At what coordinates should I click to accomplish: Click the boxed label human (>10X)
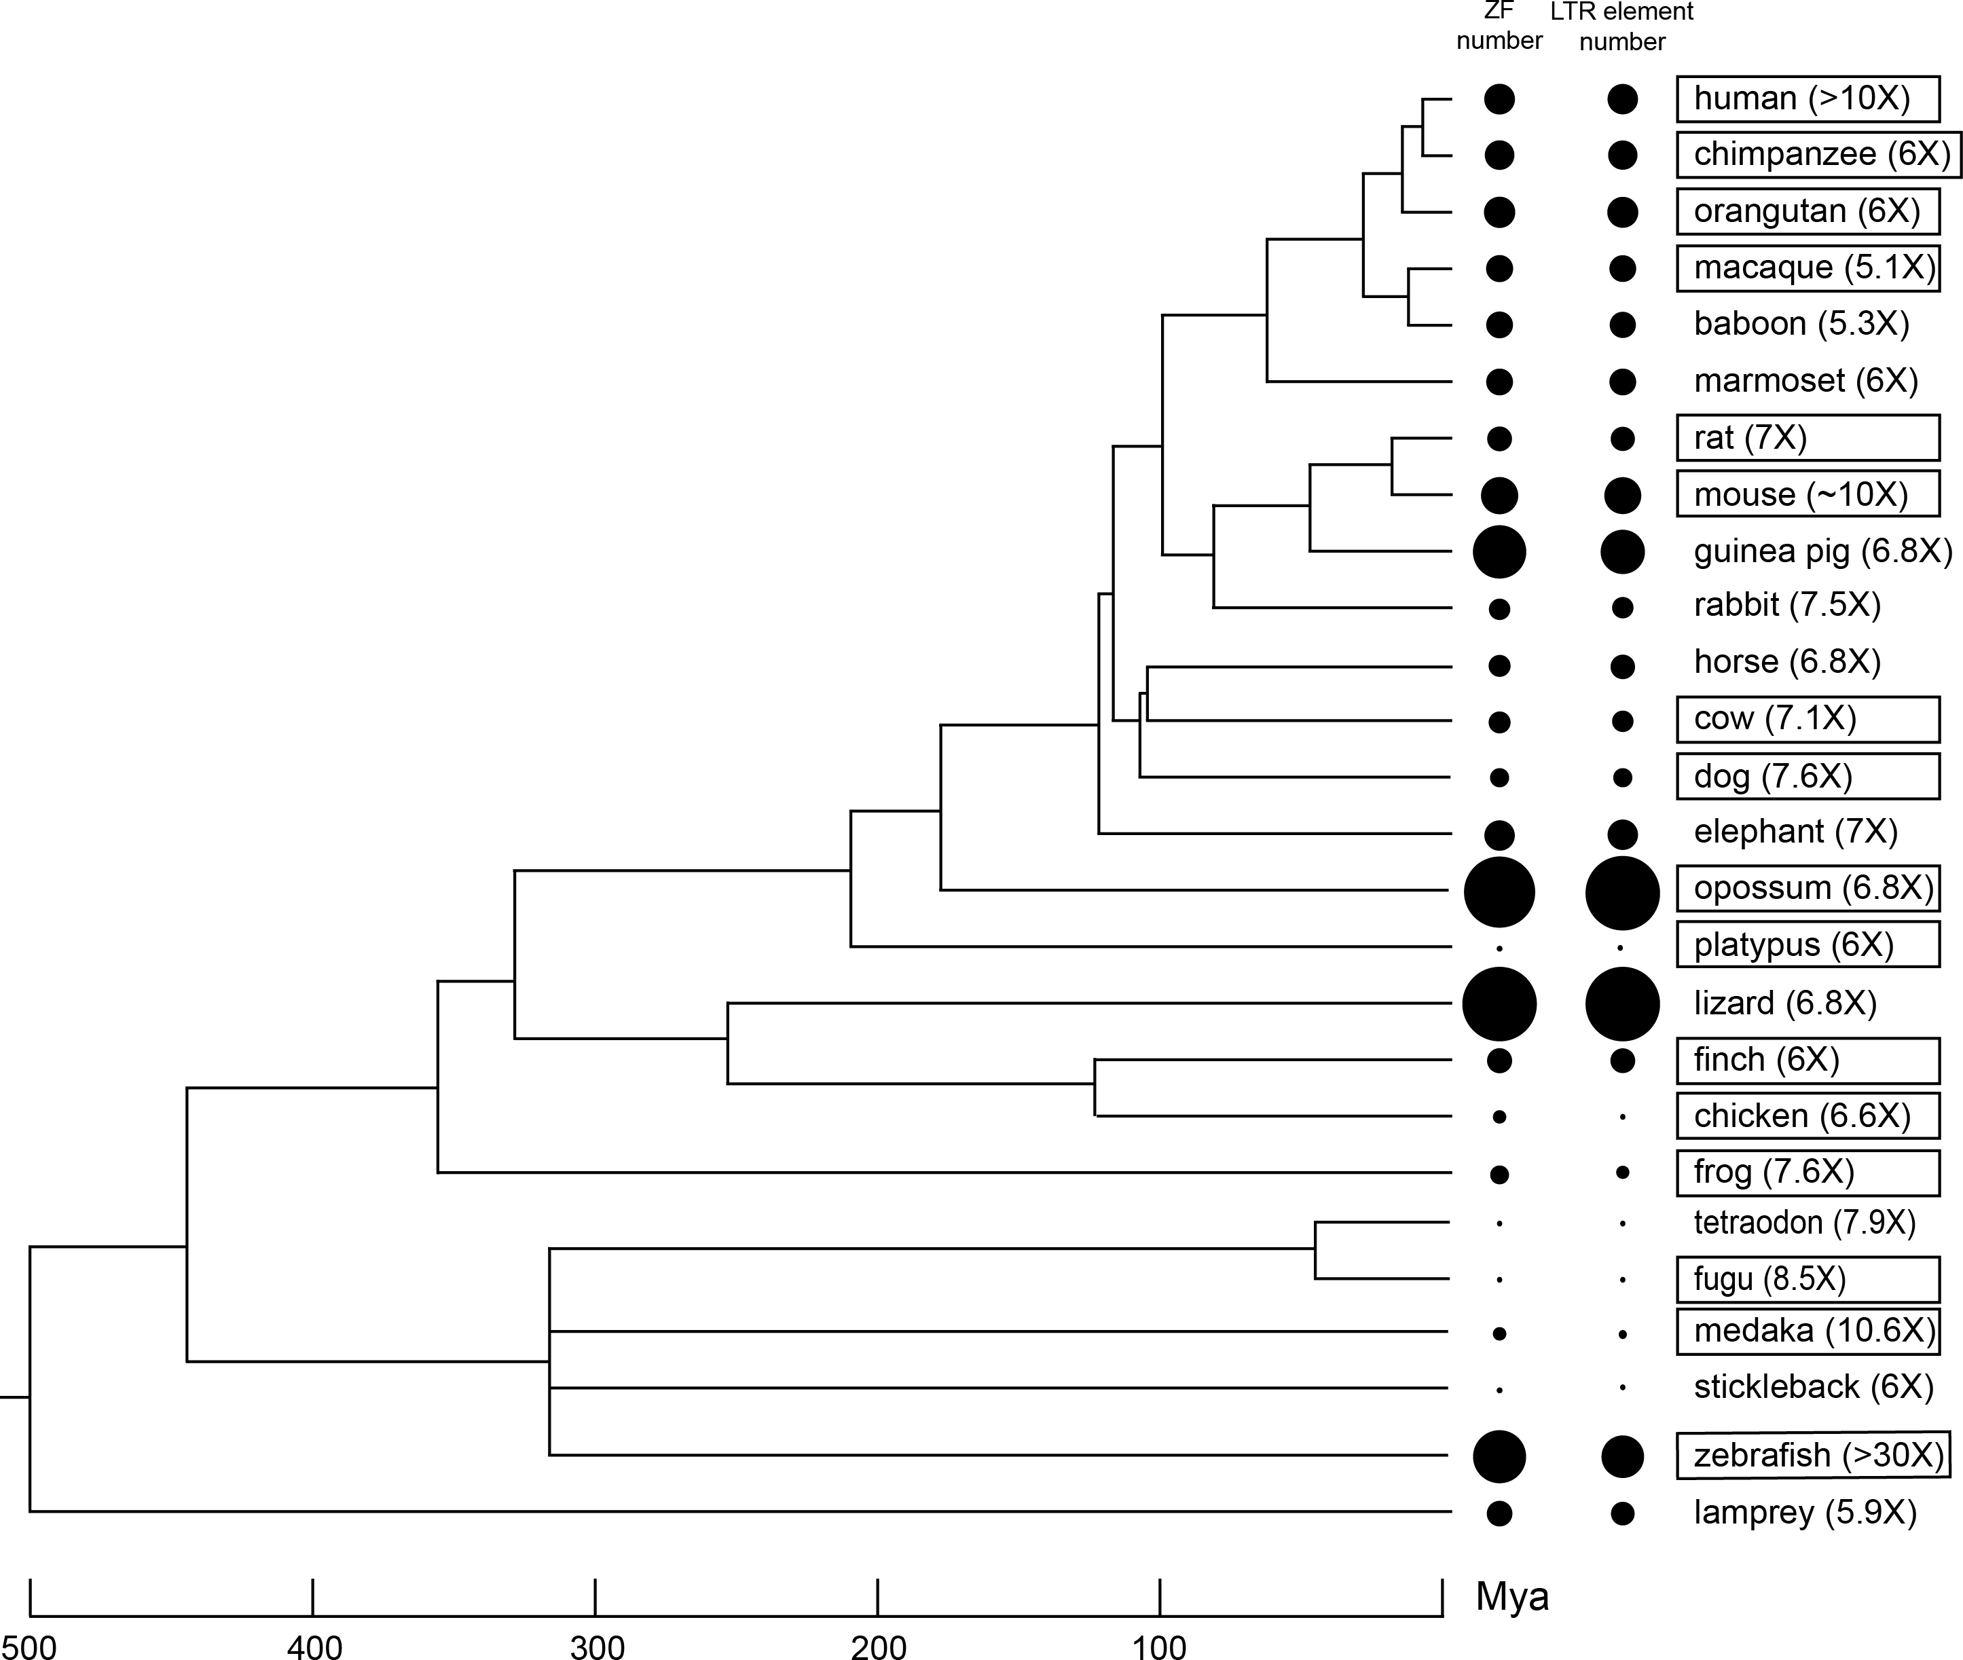click(1806, 99)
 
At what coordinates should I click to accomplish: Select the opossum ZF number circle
click(1499, 891)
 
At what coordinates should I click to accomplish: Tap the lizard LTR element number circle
click(1622, 1003)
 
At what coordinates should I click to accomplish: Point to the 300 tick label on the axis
click(597, 1646)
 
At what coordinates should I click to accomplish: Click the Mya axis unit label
click(1512, 1596)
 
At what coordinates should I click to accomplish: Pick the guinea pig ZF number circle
click(1499, 551)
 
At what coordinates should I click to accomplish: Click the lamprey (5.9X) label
click(1805, 1512)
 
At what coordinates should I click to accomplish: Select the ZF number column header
click(1499, 26)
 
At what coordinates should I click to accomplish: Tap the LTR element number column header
click(1622, 26)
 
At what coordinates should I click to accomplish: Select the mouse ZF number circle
click(1499, 495)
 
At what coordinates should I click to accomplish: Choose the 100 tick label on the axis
click(1159, 1646)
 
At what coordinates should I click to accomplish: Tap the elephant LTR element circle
click(1622, 834)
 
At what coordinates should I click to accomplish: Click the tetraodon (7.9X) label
click(1804, 1222)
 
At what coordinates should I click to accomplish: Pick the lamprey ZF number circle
click(1499, 1513)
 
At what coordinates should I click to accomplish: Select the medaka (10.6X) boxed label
click(1814, 1331)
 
